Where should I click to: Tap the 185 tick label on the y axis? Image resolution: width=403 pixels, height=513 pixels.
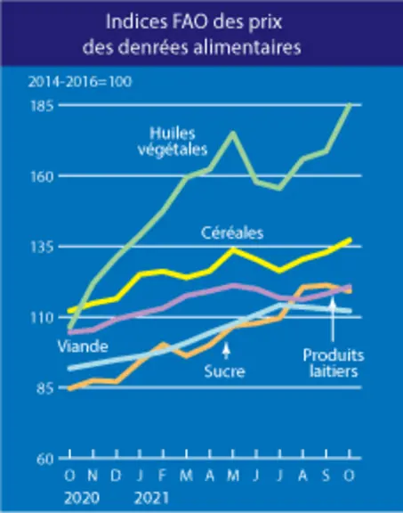tap(42, 107)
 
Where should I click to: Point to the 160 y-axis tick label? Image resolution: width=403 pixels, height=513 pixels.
tap(42, 177)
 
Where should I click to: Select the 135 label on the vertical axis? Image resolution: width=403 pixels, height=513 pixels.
tap(42, 248)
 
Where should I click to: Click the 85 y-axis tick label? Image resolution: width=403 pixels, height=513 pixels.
tap(45, 389)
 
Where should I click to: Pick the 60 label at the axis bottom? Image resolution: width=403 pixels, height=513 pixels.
tap(44, 460)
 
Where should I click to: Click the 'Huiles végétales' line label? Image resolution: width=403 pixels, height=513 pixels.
tap(173, 142)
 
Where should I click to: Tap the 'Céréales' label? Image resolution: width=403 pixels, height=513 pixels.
tap(232, 233)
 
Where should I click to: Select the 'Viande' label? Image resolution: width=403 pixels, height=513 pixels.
tap(83, 346)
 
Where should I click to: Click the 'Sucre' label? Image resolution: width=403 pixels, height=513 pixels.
tap(224, 371)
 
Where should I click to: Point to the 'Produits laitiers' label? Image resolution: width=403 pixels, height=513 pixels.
tap(334, 363)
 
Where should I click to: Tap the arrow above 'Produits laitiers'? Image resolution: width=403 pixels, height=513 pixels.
tap(333, 320)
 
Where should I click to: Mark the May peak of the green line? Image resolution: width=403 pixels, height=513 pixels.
tap(233, 133)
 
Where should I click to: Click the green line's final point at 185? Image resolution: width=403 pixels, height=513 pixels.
tap(350, 105)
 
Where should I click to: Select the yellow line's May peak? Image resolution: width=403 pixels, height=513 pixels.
tap(233, 249)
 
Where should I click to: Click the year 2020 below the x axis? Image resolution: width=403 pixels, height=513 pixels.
tap(82, 498)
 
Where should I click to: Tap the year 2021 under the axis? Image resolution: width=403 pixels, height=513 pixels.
tap(151, 498)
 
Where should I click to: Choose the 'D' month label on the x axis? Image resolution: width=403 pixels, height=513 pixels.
tap(116, 476)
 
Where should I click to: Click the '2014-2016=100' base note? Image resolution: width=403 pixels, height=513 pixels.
tap(80, 81)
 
